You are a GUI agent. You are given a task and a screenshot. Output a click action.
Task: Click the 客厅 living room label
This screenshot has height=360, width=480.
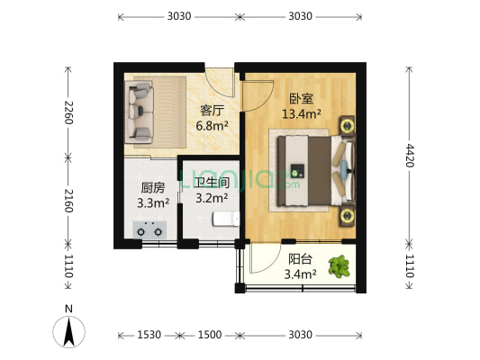pos(212,111)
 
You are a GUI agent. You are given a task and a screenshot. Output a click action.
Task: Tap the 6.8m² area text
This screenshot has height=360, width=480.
pos(212,126)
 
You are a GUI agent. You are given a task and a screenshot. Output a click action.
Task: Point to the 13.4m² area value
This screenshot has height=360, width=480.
pos(302,114)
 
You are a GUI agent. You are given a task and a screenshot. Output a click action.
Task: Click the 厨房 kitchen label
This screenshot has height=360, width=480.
pos(152,188)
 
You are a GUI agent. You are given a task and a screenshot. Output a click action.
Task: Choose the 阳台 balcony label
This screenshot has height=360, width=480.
pos(300,258)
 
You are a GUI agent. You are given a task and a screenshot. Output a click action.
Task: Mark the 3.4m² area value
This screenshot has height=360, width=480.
pos(300,274)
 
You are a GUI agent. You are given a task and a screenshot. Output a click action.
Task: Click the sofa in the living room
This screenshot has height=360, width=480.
pos(142,111)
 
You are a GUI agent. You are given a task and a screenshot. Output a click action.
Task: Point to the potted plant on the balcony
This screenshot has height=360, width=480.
pos(340,265)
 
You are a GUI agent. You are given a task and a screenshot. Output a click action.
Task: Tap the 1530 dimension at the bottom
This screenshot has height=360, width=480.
pos(149,335)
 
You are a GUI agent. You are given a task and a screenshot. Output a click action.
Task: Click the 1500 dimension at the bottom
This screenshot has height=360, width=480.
pos(209,335)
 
